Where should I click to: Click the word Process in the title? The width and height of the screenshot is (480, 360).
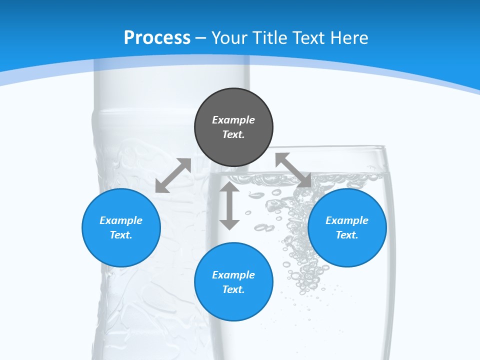(x=157, y=38)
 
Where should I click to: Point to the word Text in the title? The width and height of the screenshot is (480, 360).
(x=309, y=38)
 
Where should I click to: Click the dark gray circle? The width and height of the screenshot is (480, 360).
(x=233, y=127)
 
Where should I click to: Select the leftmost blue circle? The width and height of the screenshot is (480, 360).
(x=121, y=227)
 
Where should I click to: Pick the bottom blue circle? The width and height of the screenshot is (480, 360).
(x=233, y=282)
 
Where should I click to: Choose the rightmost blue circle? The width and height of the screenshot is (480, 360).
(x=347, y=227)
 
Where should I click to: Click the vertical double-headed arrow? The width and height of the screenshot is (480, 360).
(x=229, y=205)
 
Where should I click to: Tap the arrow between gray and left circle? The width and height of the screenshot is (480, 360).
(x=173, y=175)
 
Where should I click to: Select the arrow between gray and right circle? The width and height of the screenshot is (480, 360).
(x=293, y=170)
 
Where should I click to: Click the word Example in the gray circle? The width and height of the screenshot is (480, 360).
(x=233, y=120)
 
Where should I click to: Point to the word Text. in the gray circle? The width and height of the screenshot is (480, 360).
(x=233, y=134)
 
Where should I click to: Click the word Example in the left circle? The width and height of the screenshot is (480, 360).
(x=121, y=220)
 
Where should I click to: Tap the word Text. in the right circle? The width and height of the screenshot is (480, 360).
(x=347, y=235)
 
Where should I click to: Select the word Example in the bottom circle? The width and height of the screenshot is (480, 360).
(x=233, y=275)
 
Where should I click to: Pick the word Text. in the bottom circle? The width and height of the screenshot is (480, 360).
(x=233, y=289)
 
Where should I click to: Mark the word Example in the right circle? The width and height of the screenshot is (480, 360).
(x=347, y=220)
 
